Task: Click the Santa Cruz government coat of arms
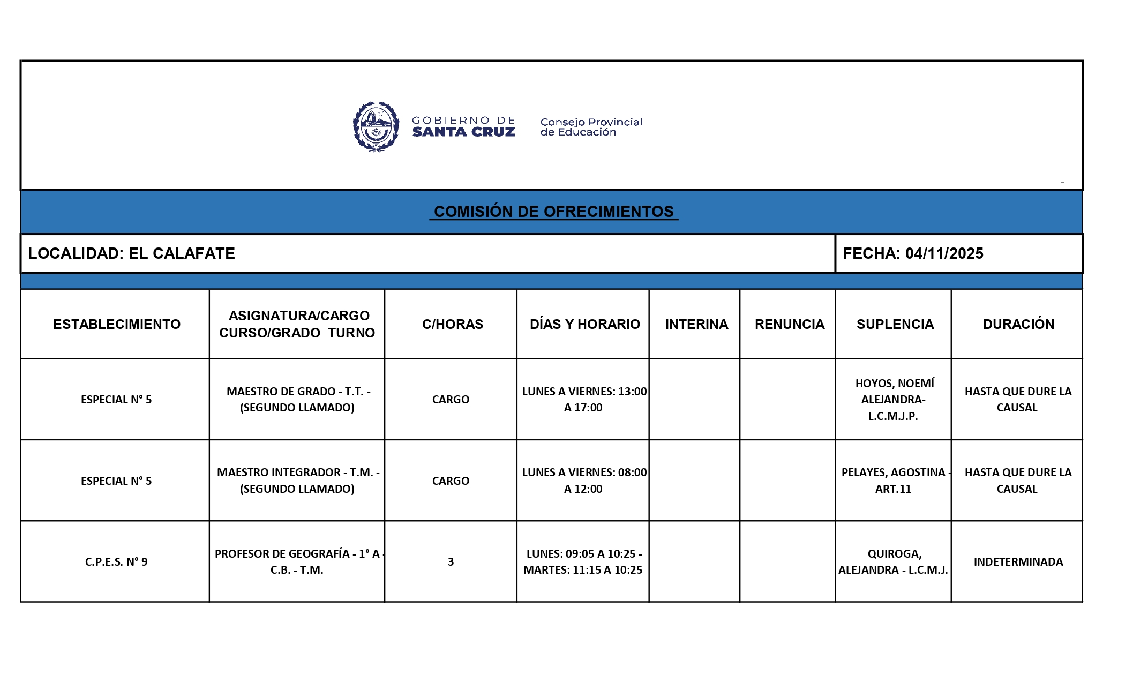click(376, 127)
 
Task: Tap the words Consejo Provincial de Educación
click(591, 127)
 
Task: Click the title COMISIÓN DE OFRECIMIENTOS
click(553, 212)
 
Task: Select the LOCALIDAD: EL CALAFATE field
click(132, 253)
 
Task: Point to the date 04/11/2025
click(944, 253)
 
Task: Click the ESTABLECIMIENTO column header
click(117, 324)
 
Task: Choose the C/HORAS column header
click(452, 324)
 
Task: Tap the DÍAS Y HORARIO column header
click(584, 324)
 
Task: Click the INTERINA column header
click(696, 324)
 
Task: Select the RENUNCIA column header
click(789, 324)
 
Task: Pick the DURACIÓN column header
click(1018, 324)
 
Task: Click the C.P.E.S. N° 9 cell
click(116, 561)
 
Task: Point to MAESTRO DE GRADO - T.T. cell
click(298, 399)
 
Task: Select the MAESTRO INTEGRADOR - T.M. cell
click(298, 481)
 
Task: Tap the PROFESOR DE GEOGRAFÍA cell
click(298, 561)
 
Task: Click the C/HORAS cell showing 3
click(451, 561)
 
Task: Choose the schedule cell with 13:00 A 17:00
click(583, 399)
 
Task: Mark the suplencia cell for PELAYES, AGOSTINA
click(894, 481)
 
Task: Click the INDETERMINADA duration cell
click(1018, 561)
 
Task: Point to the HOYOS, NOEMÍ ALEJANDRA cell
click(894, 399)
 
